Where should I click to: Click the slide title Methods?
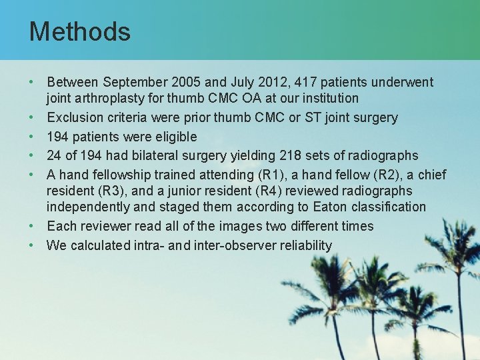click(x=79, y=31)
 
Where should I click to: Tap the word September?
click(x=133, y=83)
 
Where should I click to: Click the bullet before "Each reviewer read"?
click(x=33, y=226)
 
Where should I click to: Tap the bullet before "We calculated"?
click(x=33, y=245)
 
